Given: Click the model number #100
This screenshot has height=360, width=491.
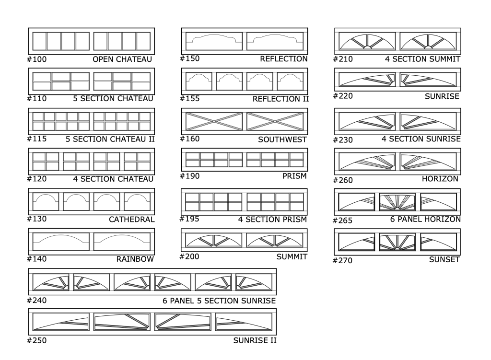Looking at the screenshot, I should click(37, 59).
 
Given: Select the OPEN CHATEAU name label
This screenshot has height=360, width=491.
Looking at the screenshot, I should click(122, 59).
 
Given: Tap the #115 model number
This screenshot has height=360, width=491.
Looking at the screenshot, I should click(37, 139).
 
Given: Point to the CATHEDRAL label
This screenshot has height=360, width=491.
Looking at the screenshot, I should click(131, 220).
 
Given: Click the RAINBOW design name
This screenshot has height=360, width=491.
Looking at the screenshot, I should click(135, 259).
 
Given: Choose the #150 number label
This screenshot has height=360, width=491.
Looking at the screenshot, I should click(189, 58).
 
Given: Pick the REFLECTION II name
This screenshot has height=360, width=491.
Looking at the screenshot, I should click(280, 99).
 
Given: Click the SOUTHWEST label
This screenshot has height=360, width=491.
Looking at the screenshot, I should click(282, 139).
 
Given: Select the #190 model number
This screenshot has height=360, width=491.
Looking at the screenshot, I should click(189, 176).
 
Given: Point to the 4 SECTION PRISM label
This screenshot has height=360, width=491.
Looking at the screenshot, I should click(273, 220).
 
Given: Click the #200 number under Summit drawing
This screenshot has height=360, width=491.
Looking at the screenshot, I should click(189, 256).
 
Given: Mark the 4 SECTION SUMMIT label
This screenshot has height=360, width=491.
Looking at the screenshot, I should click(422, 59).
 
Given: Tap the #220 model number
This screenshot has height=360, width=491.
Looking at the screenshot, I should click(343, 96).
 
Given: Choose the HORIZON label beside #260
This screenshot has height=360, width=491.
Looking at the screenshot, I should click(440, 179).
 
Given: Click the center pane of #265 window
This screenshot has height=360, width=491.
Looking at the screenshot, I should click(397, 202).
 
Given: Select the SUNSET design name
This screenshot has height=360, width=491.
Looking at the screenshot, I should click(444, 259).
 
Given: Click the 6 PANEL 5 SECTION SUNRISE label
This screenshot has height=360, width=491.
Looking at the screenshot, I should click(219, 301).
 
